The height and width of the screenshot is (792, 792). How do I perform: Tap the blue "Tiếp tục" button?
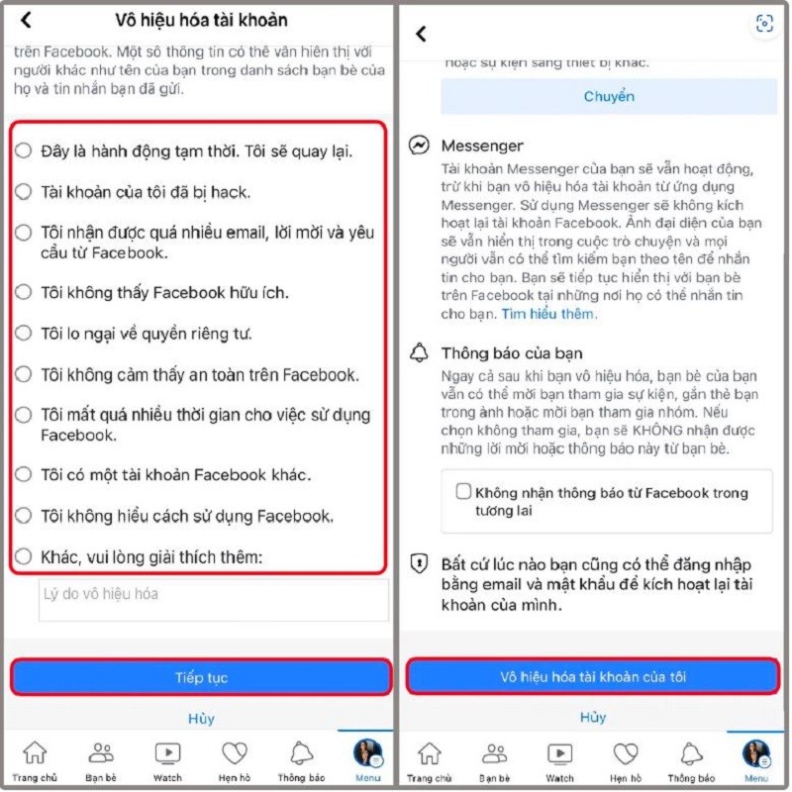tap(201, 677)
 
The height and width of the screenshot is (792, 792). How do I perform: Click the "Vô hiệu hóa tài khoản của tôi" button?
tap(592, 677)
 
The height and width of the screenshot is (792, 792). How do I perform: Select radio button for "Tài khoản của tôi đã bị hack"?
tap(24, 192)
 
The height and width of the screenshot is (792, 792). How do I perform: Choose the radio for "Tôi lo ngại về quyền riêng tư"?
tap(24, 334)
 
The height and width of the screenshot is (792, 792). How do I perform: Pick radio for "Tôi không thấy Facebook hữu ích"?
tap(24, 293)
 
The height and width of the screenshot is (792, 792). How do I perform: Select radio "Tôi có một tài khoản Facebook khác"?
tap(24, 474)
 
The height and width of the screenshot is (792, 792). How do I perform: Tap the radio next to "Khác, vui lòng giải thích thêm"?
tap(24, 557)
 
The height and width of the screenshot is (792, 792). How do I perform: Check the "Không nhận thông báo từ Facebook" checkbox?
tap(462, 492)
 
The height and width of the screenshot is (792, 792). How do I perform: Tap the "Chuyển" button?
tap(608, 97)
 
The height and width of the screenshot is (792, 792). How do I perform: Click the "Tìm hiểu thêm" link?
tap(549, 314)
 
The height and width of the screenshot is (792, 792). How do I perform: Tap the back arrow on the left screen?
tap(26, 20)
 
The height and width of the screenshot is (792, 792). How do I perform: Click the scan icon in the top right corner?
tap(763, 24)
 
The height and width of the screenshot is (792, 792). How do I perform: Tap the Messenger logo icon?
tap(420, 146)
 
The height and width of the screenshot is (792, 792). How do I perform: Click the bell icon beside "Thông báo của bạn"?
tap(420, 352)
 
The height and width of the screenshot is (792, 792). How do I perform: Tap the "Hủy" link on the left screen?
tap(201, 718)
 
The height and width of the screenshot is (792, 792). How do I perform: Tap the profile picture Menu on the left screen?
tap(367, 754)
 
